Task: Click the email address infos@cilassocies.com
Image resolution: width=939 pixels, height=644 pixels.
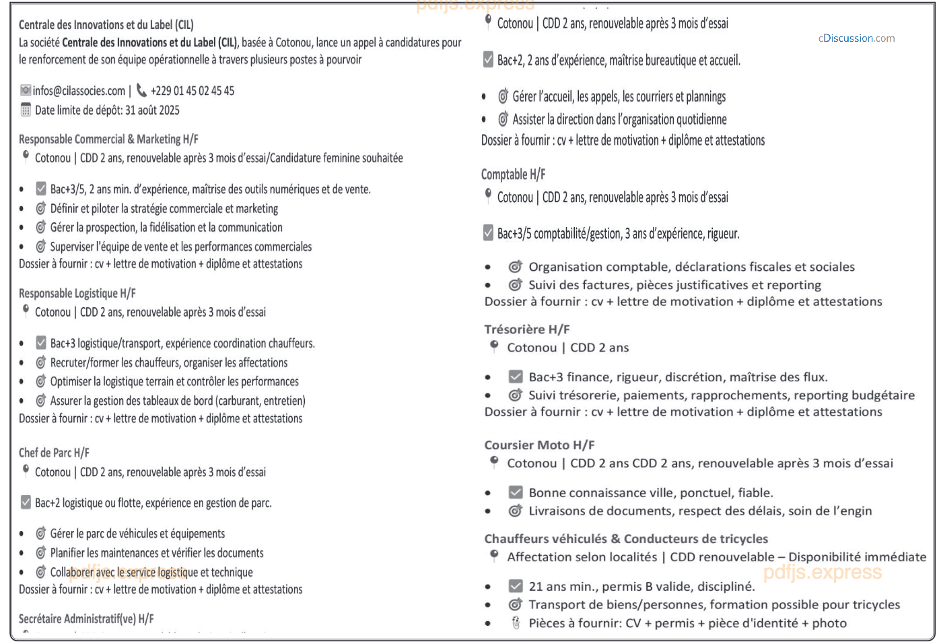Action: click(79, 91)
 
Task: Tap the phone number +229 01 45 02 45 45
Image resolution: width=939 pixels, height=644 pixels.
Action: click(192, 91)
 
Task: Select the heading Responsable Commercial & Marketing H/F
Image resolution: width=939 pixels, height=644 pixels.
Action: click(108, 139)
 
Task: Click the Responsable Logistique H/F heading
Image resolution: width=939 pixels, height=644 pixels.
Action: click(77, 294)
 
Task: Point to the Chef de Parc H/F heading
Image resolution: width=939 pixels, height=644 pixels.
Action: click(54, 453)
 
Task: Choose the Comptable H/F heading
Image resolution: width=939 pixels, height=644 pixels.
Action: click(513, 174)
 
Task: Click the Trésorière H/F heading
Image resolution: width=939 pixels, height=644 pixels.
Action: click(526, 329)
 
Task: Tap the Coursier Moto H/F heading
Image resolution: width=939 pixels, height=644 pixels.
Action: click(539, 445)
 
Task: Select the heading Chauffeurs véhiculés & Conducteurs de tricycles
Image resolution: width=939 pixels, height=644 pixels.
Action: click(626, 539)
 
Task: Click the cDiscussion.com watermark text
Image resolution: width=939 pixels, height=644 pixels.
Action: click(856, 38)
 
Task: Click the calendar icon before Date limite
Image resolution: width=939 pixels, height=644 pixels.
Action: click(26, 110)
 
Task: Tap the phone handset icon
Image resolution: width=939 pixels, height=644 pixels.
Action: click(141, 90)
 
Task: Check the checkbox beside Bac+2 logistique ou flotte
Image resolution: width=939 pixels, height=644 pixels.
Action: click(26, 503)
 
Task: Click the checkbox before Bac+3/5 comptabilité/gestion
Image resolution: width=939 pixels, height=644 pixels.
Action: click(488, 233)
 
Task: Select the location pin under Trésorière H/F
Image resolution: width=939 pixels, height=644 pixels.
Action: click(494, 346)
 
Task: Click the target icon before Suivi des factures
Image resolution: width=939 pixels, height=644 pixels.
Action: click(515, 285)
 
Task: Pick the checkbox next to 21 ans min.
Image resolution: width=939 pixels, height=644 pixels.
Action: click(516, 586)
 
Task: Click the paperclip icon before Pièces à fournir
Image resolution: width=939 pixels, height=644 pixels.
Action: click(516, 623)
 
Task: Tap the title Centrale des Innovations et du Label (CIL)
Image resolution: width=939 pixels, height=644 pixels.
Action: click(106, 25)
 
